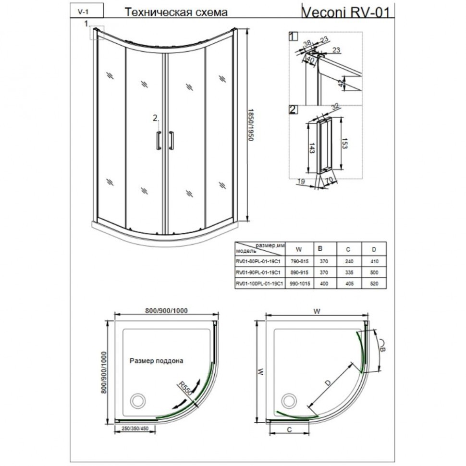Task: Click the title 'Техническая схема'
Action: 176,12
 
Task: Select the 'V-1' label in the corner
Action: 82,12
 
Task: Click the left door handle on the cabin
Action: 159,140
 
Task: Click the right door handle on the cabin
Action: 172,140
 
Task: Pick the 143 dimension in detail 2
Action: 312,148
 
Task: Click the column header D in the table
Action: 374,249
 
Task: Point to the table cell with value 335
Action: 349,272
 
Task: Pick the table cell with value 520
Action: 374,284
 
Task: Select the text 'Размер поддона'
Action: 157,359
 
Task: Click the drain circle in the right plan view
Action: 290,400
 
